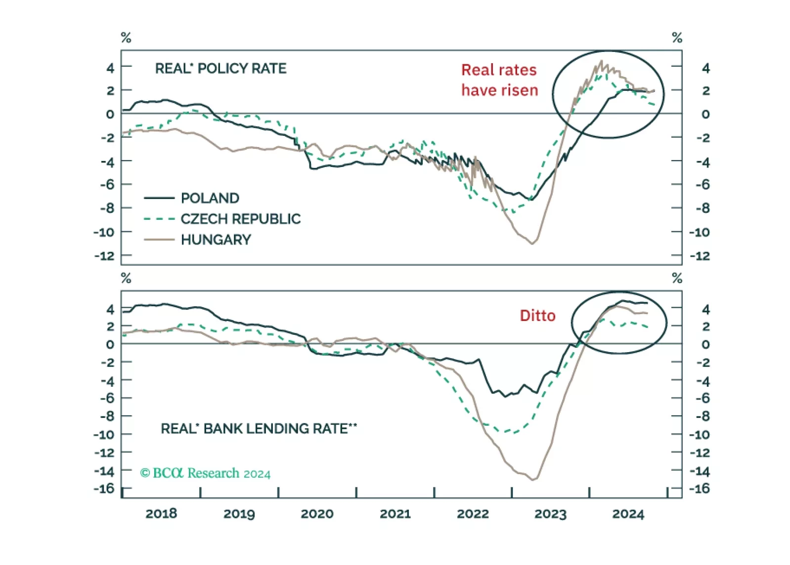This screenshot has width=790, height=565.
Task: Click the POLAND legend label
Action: [210, 198]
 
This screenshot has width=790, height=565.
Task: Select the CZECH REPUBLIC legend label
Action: [240, 219]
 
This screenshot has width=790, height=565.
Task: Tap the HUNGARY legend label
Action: [216, 240]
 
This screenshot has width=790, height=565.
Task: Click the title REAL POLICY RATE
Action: [220, 68]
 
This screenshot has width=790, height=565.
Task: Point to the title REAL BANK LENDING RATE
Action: [258, 428]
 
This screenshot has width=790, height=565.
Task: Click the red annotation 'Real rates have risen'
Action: [499, 80]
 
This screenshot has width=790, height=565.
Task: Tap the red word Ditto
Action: [537, 316]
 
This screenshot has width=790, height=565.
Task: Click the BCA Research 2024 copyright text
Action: [205, 473]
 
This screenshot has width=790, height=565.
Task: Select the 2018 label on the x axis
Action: [161, 514]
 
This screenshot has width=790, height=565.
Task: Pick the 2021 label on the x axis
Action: [395, 514]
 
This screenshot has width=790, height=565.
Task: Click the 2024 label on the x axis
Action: [628, 514]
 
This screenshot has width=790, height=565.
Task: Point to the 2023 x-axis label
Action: [550, 514]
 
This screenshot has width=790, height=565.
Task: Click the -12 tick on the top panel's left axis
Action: [104, 256]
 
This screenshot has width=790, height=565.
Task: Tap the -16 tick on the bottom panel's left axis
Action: [104, 488]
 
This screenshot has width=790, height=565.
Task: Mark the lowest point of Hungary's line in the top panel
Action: [532, 243]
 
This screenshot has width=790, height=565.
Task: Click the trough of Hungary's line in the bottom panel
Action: [533, 480]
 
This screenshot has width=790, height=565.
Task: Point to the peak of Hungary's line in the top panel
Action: [601, 61]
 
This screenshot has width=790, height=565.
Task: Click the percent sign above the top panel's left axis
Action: [126, 38]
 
